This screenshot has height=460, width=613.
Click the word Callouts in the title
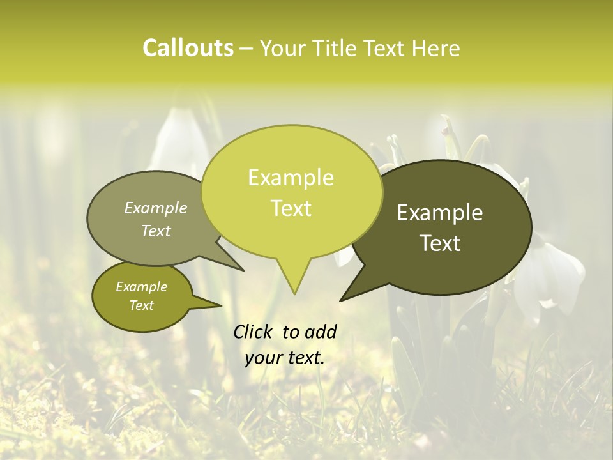(188, 48)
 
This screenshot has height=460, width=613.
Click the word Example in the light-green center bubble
(291, 178)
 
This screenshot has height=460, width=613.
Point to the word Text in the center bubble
(291, 208)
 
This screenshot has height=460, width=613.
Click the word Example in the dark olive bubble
(440, 213)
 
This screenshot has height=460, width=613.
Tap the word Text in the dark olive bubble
(441, 243)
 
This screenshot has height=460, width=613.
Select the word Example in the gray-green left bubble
(156, 208)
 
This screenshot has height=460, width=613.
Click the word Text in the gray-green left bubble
(156, 231)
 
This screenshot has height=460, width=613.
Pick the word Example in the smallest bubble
(142, 287)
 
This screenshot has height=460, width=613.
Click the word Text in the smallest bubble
(142, 305)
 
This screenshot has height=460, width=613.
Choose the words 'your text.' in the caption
(285, 358)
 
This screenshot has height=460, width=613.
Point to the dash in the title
(247, 49)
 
